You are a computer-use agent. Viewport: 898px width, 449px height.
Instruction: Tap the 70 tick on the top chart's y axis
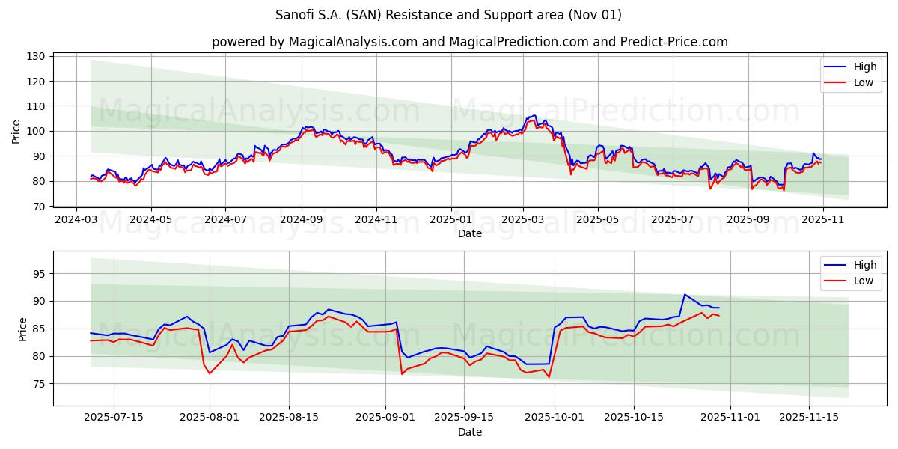(42, 207)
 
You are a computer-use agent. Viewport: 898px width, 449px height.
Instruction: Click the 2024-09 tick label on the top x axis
(302, 221)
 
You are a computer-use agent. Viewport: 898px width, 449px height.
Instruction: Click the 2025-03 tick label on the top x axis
(522, 221)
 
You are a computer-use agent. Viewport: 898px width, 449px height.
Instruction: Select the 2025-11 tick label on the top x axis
(822, 221)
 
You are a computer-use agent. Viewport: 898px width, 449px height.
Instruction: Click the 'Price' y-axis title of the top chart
(16, 132)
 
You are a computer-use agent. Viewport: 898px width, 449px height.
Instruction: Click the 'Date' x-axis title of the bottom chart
(469, 432)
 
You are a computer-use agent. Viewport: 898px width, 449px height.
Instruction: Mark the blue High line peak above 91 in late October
(684, 294)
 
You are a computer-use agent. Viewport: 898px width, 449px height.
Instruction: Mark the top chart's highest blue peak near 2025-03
(534, 115)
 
